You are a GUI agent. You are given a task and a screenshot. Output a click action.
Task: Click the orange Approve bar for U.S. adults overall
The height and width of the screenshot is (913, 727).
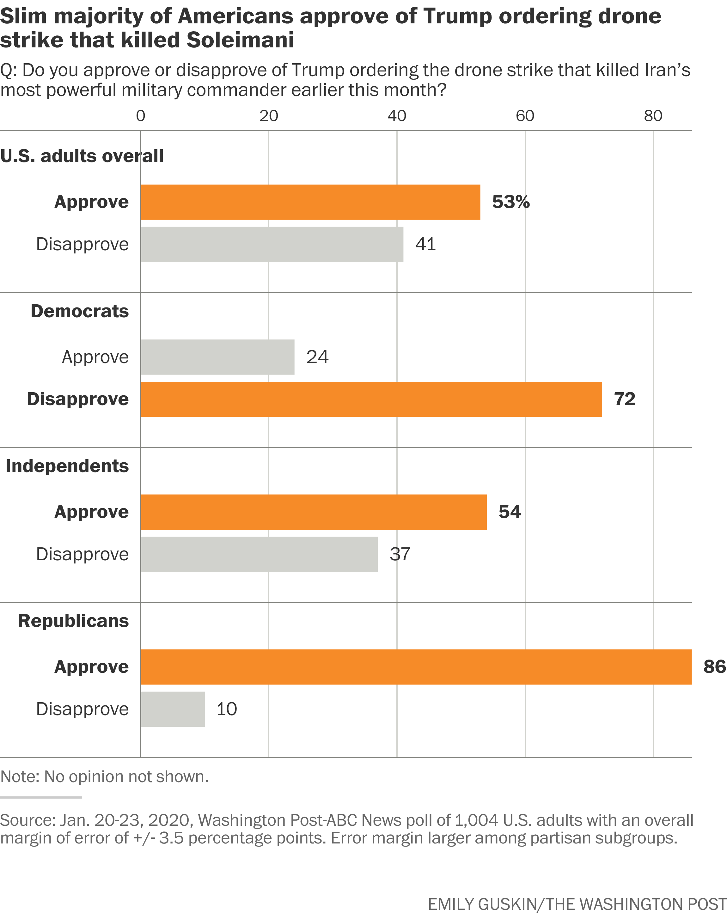[x=310, y=202]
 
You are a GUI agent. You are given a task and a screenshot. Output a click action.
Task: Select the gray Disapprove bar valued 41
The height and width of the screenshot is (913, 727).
[x=272, y=244]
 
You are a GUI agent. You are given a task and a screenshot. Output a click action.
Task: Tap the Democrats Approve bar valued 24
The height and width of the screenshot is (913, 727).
[x=217, y=357]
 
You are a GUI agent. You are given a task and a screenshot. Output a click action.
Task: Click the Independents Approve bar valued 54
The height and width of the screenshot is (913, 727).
[x=314, y=512]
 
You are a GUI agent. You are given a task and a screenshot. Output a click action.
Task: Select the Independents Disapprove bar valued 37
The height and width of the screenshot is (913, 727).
[x=259, y=554]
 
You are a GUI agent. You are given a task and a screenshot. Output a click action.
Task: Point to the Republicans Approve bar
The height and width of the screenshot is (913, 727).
[x=416, y=667]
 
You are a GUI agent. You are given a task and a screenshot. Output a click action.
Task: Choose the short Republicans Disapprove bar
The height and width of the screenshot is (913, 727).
[x=173, y=709]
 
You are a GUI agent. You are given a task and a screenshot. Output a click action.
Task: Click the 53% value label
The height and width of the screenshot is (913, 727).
[x=510, y=202]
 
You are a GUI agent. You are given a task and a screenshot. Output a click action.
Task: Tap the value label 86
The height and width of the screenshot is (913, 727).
[x=714, y=667]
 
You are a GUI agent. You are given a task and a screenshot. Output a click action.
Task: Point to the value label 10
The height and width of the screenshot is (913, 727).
[x=227, y=709]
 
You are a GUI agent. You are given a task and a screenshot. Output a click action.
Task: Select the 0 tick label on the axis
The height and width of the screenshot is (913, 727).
[x=141, y=116]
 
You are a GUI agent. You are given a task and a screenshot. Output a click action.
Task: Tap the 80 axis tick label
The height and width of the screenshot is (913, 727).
[x=653, y=116]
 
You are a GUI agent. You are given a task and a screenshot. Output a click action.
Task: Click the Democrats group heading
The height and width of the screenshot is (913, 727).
[x=80, y=311]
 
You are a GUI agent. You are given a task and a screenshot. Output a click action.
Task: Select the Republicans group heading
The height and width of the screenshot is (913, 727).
[x=73, y=621]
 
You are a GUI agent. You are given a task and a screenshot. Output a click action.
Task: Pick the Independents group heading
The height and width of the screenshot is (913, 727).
[x=67, y=466]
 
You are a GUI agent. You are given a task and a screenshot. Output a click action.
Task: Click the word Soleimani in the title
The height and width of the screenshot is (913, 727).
[x=240, y=40]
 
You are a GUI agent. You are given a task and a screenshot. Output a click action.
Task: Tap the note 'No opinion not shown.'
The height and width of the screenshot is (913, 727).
[x=104, y=777]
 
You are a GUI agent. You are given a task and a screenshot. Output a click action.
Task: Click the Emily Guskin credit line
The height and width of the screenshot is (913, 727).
[x=577, y=904]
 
